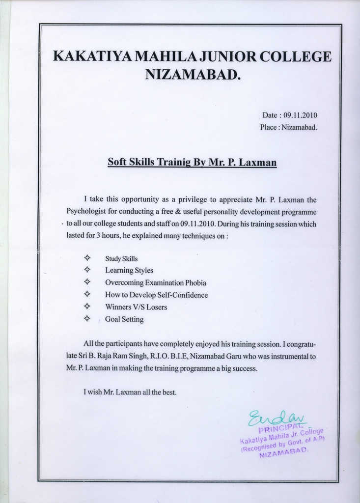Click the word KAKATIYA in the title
pyautogui.click(x=91, y=56)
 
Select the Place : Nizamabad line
pyautogui.click(x=288, y=127)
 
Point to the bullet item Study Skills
pyautogui.click(x=121, y=258)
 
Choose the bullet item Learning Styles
pyautogui.click(x=129, y=271)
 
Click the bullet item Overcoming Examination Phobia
pyautogui.click(x=155, y=283)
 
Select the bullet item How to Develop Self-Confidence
pyautogui.click(x=156, y=295)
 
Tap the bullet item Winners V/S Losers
pyautogui.click(x=136, y=307)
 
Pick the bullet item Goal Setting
pyautogui.click(x=124, y=319)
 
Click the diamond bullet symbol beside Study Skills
pyautogui.click(x=87, y=258)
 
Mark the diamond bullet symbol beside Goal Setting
pyautogui.click(x=87, y=319)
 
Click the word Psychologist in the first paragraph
pyautogui.click(x=86, y=212)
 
